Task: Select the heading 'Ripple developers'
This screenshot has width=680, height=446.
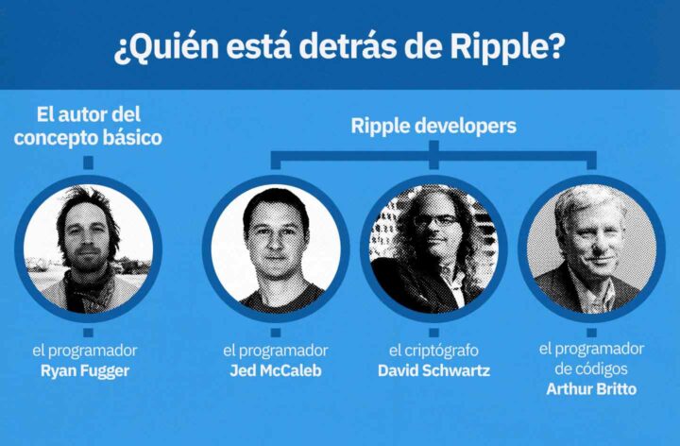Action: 433,125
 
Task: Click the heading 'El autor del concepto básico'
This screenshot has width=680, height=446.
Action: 89,126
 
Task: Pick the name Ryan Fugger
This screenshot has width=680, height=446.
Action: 85,370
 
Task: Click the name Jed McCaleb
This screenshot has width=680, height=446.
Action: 276,370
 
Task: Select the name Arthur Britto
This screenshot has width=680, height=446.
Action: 591,388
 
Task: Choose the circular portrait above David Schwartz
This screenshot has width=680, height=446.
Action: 433,248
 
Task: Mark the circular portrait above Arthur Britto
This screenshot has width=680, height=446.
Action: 592,248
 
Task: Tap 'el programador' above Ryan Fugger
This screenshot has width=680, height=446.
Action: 85,351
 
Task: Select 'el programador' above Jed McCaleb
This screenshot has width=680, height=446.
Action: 276,351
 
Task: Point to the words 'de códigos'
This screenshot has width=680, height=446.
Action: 591,369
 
